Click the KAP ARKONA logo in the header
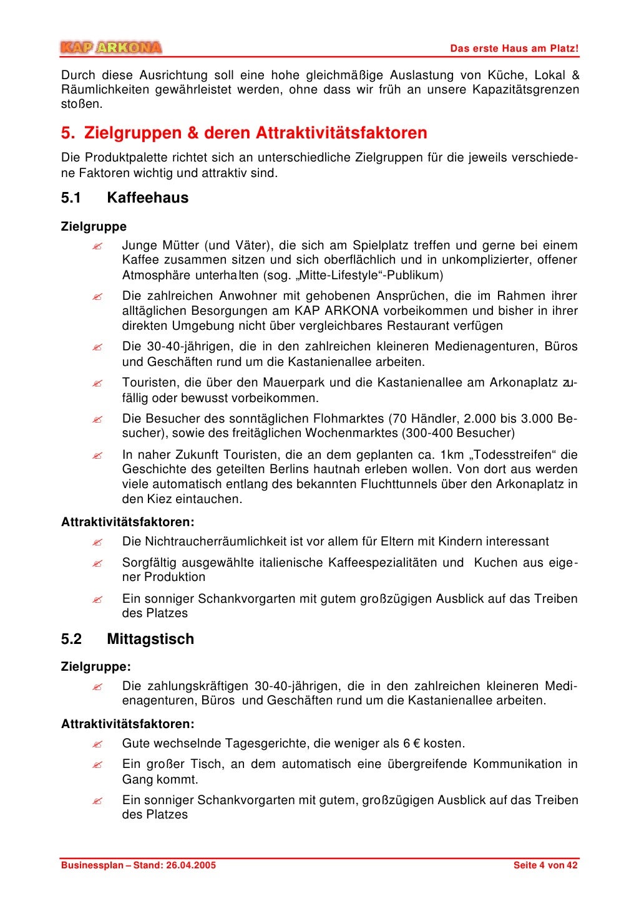tap(111, 47)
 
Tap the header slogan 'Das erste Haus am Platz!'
tap(514, 49)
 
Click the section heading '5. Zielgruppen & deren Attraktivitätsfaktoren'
tap(244, 133)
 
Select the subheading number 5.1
tap(71, 198)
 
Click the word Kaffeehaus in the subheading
tap(147, 198)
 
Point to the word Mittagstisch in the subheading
tap(150, 639)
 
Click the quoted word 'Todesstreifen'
tap(513, 455)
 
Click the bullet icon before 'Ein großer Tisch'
tap(97, 765)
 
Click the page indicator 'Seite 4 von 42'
tap(545, 865)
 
